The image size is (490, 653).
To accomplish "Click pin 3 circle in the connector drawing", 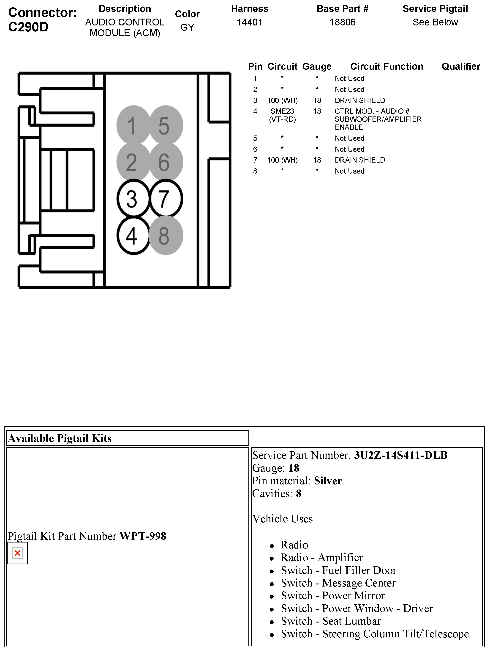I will pyautogui.click(x=133, y=198).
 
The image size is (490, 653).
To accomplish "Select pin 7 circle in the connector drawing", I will pyautogui.click(x=166, y=198).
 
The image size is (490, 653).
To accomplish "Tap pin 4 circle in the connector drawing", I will pyautogui.click(x=133, y=235).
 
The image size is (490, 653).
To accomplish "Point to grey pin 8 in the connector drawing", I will pyautogui.click(x=166, y=235).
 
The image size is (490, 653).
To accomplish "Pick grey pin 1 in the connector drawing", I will pyautogui.click(x=133, y=125).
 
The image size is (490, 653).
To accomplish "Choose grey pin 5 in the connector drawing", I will pyautogui.click(x=166, y=125).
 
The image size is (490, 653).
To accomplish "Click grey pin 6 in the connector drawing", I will pyautogui.click(x=166, y=162).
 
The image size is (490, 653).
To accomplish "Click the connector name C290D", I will pyautogui.click(x=28, y=27).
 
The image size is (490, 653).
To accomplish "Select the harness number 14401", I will pyautogui.click(x=249, y=22).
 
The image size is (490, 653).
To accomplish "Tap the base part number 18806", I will pyautogui.click(x=342, y=22).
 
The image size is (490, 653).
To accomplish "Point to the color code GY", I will pyautogui.click(x=187, y=28).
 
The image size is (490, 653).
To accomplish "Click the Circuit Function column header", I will pyautogui.click(x=387, y=66).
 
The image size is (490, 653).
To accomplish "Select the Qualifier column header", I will pyautogui.click(x=461, y=66).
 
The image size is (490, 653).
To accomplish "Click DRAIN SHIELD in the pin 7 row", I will pyautogui.click(x=360, y=160).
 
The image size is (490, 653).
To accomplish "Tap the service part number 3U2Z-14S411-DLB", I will pyautogui.click(x=401, y=455).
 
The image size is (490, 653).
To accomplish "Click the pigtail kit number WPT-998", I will pyautogui.click(x=143, y=536).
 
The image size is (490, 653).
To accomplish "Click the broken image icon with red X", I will pyautogui.click(x=17, y=553).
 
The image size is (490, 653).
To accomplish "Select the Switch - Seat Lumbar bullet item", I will pyautogui.click(x=330, y=621).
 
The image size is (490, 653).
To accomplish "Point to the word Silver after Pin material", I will pyautogui.click(x=328, y=481).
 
